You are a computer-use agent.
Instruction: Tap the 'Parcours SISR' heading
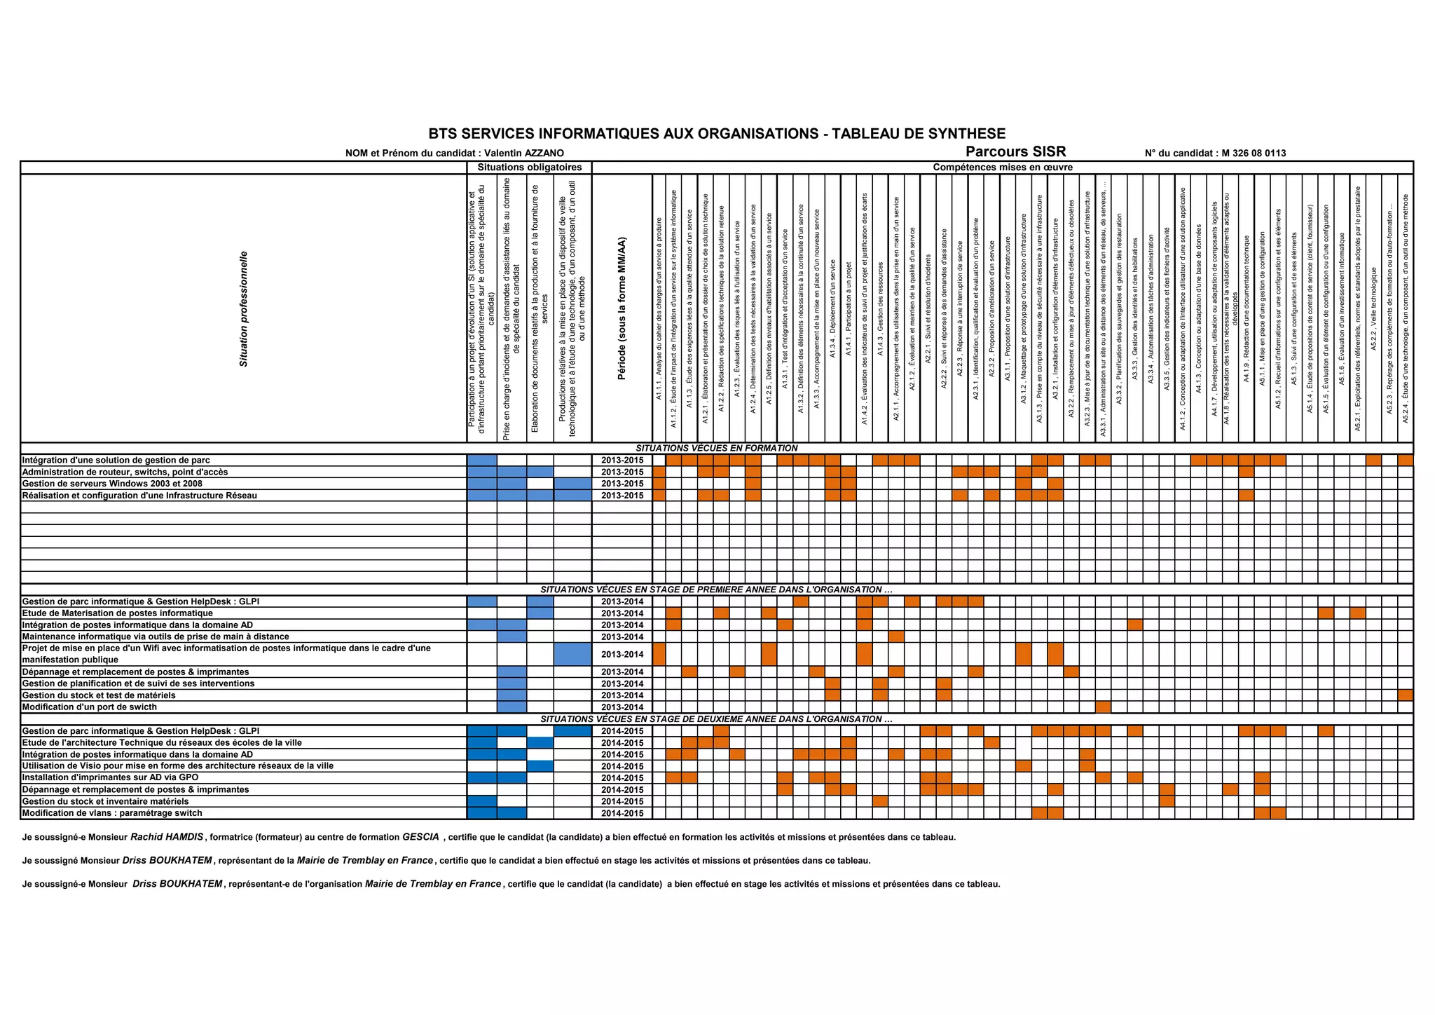1015,151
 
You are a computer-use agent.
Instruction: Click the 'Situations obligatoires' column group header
529,168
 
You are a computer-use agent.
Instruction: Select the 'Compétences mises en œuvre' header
1002,168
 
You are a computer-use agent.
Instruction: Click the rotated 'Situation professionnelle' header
244,308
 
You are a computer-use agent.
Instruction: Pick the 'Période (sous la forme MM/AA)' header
622,308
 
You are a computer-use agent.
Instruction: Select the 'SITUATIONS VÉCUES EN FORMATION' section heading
716,448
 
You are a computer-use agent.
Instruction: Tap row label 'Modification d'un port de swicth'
90,707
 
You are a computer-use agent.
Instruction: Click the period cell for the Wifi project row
622,654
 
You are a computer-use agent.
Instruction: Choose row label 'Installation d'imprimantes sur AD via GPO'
110,777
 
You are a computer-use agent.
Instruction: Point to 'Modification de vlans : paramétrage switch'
112,813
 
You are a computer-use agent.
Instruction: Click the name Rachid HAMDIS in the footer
167,837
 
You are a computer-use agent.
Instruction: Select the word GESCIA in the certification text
420,837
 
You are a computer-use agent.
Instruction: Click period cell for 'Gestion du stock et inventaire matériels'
622,801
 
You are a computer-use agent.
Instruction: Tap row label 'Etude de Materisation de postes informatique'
118,613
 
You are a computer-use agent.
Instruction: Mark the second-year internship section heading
716,719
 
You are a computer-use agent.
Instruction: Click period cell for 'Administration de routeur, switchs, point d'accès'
622,472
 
